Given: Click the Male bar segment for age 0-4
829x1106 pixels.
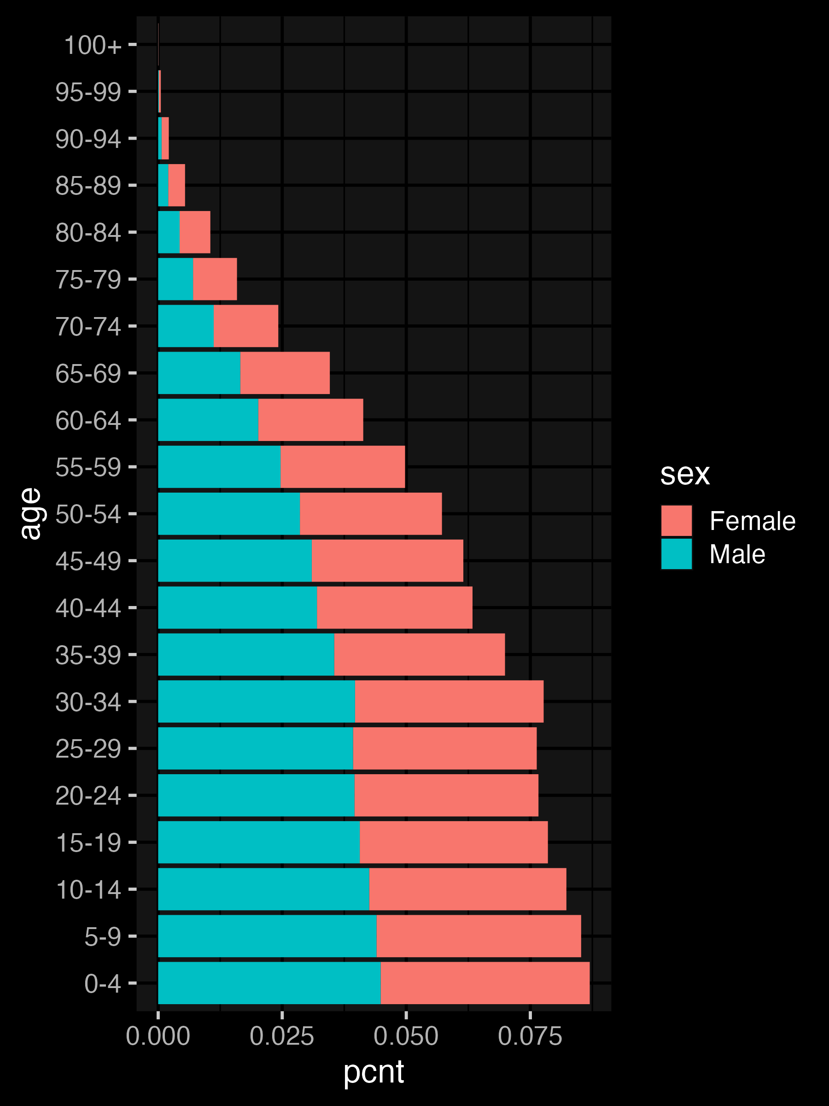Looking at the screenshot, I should tap(269, 983).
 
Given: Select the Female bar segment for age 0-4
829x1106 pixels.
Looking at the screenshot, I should tap(485, 983).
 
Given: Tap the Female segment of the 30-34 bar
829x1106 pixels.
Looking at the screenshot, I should tap(449, 701).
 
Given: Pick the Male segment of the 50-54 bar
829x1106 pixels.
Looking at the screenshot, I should tap(229, 513).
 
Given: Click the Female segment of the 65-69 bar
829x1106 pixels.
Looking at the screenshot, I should tap(285, 373).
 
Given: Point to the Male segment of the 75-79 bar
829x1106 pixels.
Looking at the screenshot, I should tap(175, 279).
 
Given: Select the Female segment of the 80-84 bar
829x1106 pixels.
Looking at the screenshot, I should tap(195, 232).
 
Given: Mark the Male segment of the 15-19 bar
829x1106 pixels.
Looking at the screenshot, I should tap(258, 842).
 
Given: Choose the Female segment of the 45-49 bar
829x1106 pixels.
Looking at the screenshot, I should tap(387, 560).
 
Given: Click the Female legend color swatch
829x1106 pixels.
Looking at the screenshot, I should tap(676, 520).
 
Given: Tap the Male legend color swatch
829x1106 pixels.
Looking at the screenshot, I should tap(676, 553).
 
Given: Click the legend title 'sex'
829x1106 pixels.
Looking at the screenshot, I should tap(684, 474).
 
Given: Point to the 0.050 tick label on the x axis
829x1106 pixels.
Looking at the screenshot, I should tap(406, 1036).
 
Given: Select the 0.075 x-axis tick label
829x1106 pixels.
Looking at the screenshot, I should tap(530, 1036).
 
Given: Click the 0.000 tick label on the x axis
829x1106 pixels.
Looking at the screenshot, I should tap(158, 1036).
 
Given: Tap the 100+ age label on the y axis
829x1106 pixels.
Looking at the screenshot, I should tap(93, 45).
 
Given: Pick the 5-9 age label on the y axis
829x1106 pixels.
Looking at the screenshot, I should tap(102, 936).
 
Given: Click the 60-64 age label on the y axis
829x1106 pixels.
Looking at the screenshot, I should tap(88, 420).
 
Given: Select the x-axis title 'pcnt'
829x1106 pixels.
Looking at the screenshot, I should tap(373, 1072).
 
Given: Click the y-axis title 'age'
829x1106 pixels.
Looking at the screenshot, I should tap(31, 513).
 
